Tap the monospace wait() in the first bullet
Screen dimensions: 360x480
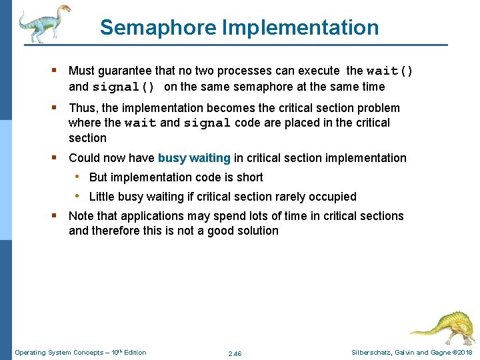click(x=389, y=71)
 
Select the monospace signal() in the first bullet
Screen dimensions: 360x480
click(x=124, y=87)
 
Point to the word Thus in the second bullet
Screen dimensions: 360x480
click(x=82, y=108)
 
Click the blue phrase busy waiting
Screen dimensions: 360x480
click(x=194, y=158)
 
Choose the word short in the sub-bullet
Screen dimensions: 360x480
click(x=249, y=177)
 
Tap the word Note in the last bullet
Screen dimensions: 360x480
click(x=81, y=216)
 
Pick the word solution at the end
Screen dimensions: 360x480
click(x=257, y=231)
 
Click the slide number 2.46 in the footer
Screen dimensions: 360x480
click(x=235, y=353)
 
